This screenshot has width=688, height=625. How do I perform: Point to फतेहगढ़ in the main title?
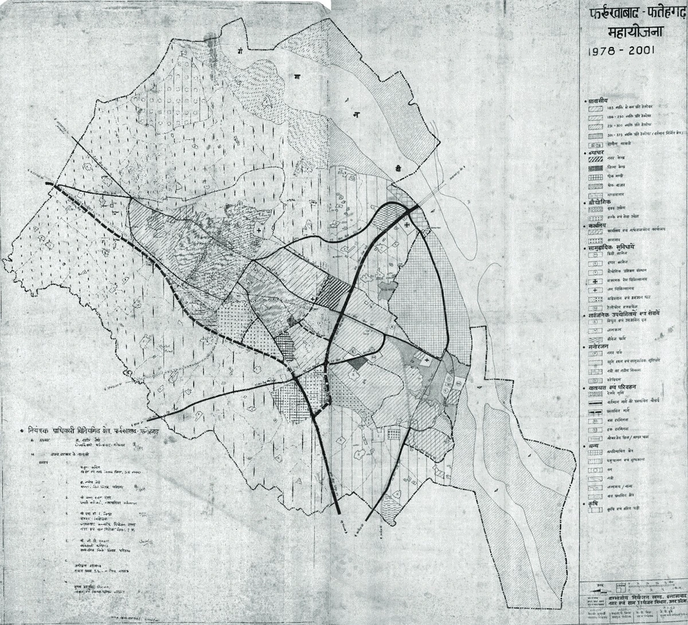pyautogui.click(x=657, y=11)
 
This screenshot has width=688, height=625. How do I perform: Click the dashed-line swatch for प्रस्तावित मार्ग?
pyautogui.click(x=593, y=411)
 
